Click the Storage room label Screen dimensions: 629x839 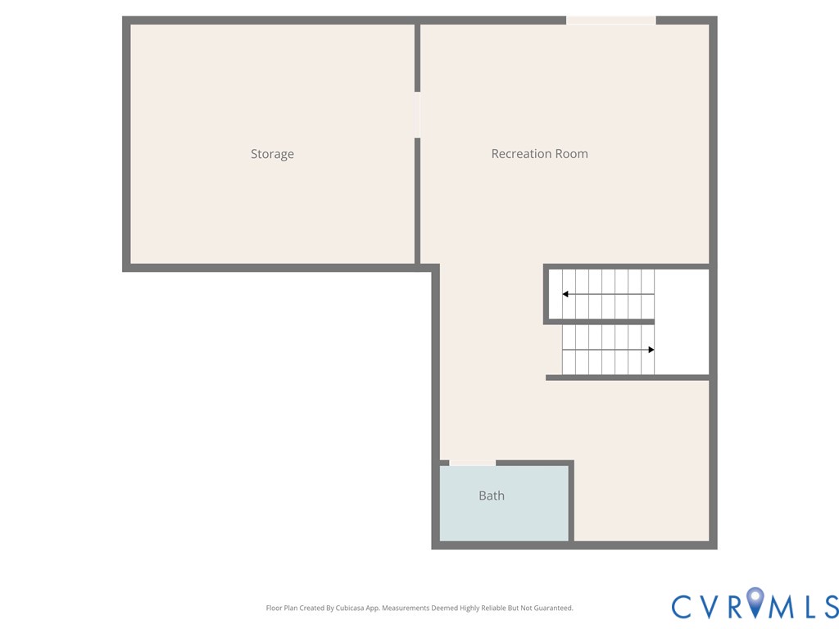tap(272, 154)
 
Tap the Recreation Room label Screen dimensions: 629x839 tap(539, 154)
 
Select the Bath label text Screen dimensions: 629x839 tap(492, 496)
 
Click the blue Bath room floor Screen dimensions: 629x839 tap(504, 520)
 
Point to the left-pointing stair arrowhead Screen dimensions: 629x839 tap(565, 294)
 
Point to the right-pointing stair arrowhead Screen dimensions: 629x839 tap(651, 350)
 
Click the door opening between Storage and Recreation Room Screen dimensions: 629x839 tap(417, 115)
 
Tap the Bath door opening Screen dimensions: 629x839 tap(472, 464)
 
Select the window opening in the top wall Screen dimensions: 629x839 tap(610, 20)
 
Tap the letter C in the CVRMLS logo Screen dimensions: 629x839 tap(683, 606)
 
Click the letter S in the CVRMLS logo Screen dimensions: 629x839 tap(829, 606)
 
